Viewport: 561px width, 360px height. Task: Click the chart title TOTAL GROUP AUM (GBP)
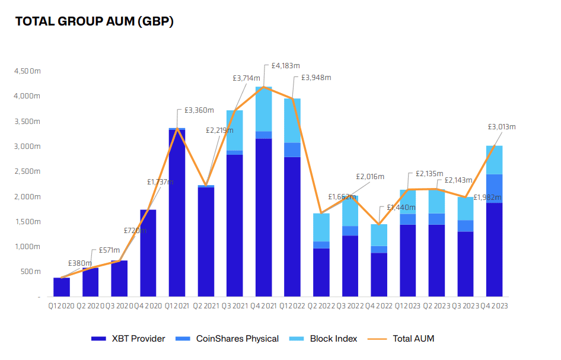pos(94,22)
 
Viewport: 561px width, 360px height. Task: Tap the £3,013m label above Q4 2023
pos(501,127)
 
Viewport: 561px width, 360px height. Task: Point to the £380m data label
pos(79,263)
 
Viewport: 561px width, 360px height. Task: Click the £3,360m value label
pos(199,110)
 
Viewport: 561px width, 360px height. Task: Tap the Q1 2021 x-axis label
pos(177,306)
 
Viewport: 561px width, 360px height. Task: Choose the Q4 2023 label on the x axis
pos(494,306)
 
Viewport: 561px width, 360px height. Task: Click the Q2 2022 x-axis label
pos(321,306)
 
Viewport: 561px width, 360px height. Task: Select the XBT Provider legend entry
pos(128,339)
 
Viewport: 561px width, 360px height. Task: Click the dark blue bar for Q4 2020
pos(148,253)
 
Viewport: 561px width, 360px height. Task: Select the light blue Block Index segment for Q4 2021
pos(263,109)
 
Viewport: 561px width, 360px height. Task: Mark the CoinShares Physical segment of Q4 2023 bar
pos(494,189)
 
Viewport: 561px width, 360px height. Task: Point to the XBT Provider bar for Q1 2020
pos(62,287)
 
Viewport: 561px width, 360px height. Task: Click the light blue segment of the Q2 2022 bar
pos(321,227)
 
